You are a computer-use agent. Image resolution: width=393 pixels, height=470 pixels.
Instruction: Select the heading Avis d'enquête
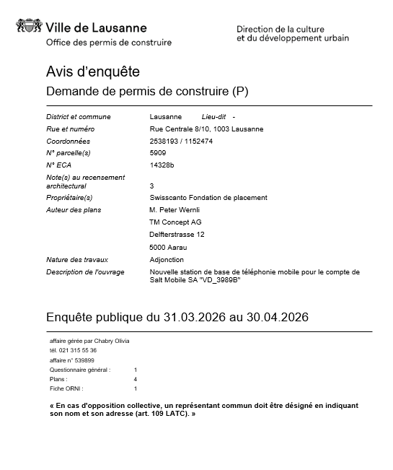click(x=92, y=72)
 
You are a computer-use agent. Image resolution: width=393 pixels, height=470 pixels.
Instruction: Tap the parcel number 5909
click(x=157, y=153)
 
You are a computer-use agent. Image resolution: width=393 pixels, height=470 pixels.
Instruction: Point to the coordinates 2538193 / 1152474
click(x=181, y=141)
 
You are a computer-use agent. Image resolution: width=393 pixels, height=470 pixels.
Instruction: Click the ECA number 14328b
click(x=162, y=165)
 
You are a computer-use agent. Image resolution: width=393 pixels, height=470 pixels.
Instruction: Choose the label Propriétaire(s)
click(x=69, y=197)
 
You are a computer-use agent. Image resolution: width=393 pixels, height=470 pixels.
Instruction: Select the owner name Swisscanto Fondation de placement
click(x=208, y=197)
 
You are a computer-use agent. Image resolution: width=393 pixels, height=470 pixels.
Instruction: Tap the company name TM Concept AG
click(x=175, y=222)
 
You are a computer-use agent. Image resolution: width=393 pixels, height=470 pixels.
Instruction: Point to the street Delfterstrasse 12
click(x=177, y=234)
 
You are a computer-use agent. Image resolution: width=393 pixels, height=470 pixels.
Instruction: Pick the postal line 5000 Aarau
click(x=167, y=247)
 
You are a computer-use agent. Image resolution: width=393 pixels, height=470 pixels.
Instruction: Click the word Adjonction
click(x=167, y=259)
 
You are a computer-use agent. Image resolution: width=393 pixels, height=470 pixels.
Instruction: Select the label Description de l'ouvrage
click(x=85, y=271)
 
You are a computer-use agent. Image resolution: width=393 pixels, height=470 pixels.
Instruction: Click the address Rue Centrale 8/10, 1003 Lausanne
click(x=206, y=129)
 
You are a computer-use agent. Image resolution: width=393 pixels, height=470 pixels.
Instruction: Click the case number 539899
click(x=84, y=360)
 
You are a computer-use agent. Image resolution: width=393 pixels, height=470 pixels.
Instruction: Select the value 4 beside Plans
click(x=136, y=378)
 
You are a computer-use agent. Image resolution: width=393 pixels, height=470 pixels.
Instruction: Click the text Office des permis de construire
click(x=109, y=43)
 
